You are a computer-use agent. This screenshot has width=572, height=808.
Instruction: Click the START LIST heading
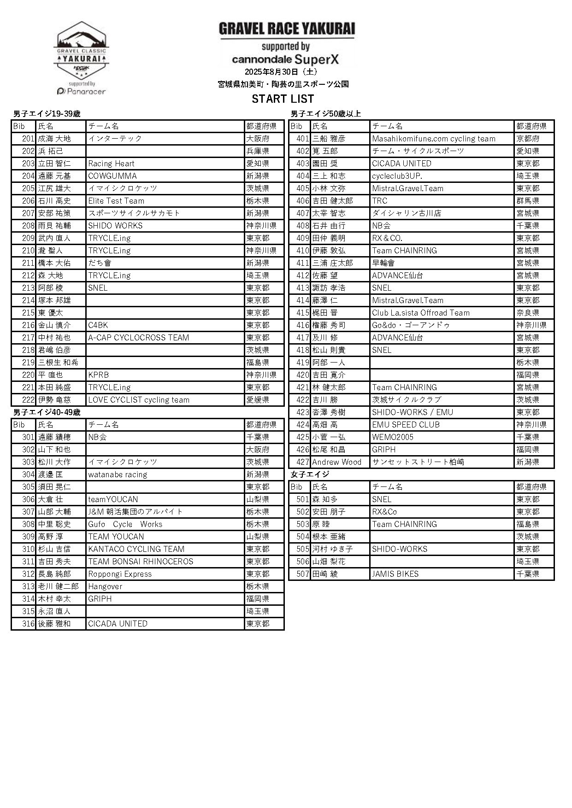coord(283,99)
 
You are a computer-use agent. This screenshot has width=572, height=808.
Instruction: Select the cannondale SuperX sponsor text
coord(285,59)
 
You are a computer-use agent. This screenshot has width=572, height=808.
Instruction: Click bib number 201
coord(28,139)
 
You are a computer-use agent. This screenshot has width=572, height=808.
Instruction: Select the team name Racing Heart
coord(111,164)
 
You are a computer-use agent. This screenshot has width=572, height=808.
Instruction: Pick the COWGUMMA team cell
coord(112,176)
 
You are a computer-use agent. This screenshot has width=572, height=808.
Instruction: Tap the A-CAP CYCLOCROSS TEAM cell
coord(138,338)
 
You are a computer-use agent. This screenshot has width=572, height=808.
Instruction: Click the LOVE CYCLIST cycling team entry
coord(139,400)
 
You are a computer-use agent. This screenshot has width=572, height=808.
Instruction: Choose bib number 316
coord(28,624)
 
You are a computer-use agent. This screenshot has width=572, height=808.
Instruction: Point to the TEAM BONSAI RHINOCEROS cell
coord(141,562)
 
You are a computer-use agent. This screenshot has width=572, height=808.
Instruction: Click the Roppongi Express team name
coord(120,574)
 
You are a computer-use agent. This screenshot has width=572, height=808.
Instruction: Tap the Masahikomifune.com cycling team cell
coord(434,139)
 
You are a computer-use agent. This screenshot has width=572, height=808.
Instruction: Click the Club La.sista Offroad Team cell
coord(421,313)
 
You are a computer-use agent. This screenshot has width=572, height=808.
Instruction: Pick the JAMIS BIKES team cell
coord(395,574)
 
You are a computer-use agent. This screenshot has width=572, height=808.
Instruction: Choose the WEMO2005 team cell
coord(393,437)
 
